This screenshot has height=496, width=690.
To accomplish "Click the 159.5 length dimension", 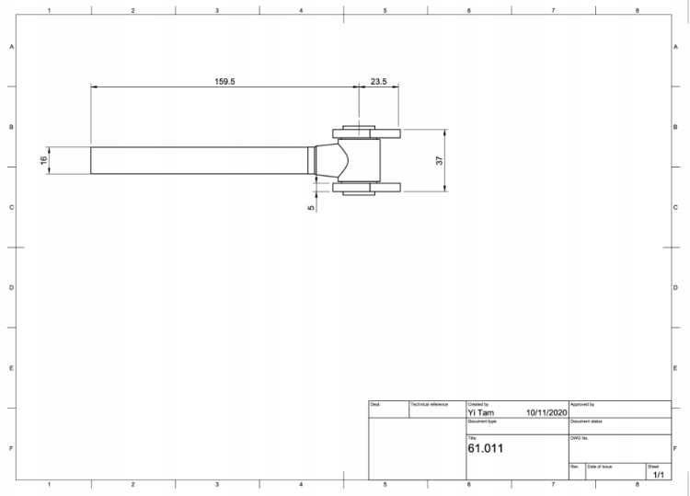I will [x=224, y=81].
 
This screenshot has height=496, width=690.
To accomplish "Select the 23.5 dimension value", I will [x=378, y=81].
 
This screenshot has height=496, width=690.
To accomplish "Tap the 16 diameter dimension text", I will [x=43, y=160].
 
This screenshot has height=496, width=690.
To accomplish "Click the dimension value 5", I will [x=311, y=207].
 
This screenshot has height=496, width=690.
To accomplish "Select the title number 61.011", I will [x=485, y=449].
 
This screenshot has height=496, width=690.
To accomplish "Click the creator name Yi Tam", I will [x=480, y=412].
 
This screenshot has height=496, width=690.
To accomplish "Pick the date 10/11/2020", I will [x=546, y=412].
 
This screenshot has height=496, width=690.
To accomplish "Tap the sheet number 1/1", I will [x=658, y=474].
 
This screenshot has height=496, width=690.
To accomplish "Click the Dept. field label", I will [x=375, y=404].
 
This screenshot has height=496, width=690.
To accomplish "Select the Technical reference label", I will [x=429, y=404].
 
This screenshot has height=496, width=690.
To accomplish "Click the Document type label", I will [x=482, y=421].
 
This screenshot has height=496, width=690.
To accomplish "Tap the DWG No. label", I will [x=579, y=438].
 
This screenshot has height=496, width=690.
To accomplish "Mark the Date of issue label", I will [x=600, y=467].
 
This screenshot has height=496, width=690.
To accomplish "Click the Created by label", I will [x=478, y=404].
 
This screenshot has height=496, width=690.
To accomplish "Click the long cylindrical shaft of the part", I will [x=198, y=160].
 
